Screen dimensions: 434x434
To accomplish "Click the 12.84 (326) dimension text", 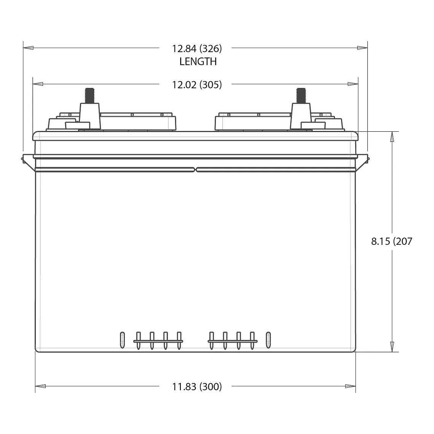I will pyautogui.click(x=197, y=49).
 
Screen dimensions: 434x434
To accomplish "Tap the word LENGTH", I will pyautogui.click(x=198, y=61).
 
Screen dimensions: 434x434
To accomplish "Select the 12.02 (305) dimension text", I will pyautogui.click(x=197, y=85).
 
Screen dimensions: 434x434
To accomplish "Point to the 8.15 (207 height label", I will pyautogui.click(x=391, y=241).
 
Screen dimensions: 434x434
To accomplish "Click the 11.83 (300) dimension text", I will pyautogui.click(x=197, y=387).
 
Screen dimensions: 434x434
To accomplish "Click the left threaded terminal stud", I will pyautogui.click(x=90, y=95).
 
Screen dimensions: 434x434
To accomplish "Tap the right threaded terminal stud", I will pyautogui.click(x=301, y=95).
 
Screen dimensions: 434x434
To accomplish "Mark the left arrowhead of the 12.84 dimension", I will pyautogui.click(x=29, y=48).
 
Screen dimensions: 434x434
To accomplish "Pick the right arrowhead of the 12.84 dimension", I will pyautogui.click(x=362, y=48).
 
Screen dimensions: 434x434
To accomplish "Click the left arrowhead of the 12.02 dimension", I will pyautogui.click(x=38, y=84).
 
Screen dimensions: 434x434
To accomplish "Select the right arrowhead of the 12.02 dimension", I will pyautogui.click(x=353, y=84).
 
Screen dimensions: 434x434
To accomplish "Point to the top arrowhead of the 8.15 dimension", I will pyautogui.click(x=392, y=137).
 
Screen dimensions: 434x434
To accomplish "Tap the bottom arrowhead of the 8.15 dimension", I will pyautogui.click(x=392, y=346).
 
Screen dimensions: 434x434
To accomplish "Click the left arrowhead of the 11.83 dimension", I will pyautogui.click(x=40, y=386).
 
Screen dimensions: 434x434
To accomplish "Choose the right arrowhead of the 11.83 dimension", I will pyautogui.click(x=350, y=386).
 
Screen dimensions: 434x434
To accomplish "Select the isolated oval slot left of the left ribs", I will pyautogui.click(x=122, y=340).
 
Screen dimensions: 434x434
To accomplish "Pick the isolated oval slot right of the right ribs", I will pyautogui.click(x=268, y=340).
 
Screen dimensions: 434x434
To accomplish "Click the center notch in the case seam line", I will pyautogui.click(x=196, y=169).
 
